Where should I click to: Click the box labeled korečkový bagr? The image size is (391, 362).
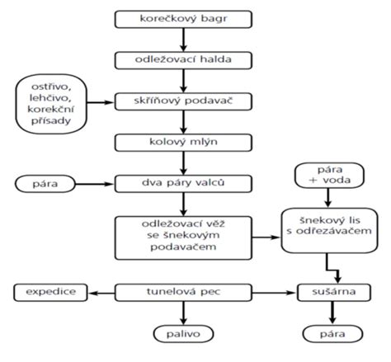(183, 19)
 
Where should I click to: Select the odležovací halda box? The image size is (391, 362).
(183, 60)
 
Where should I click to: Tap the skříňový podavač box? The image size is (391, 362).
(183, 101)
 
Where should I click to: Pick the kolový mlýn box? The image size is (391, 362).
(183, 143)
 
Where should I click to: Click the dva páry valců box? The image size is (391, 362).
(183, 184)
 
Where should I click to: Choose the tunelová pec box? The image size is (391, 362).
(183, 293)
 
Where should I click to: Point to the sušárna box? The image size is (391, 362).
(334, 293)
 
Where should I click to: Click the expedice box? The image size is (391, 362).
(50, 293)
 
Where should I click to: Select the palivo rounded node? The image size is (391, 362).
(183, 334)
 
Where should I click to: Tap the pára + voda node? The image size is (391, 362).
(329, 175)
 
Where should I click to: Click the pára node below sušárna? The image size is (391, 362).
(332, 334)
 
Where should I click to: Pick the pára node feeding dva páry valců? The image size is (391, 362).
(45, 184)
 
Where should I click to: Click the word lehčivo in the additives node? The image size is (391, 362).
(50, 98)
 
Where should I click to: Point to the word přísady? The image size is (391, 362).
(51, 121)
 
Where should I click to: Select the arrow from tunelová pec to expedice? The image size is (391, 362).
(101, 293)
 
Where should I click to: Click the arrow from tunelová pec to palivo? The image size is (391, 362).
(183, 313)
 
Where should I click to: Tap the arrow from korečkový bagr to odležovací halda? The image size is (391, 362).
(183, 40)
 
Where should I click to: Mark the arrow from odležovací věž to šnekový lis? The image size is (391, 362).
(266, 237)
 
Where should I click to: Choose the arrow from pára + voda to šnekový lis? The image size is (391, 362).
(327, 198)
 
